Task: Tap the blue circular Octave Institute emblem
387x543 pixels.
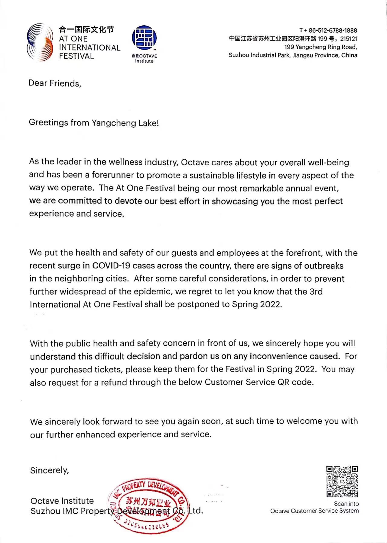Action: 144,38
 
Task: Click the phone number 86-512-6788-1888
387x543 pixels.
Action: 333,31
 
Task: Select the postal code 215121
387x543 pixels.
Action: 349,39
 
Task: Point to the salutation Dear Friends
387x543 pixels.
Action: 55,83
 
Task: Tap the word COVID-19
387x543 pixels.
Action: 111,266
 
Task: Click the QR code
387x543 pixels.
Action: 342,482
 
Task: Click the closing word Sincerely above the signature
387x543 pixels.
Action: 49,470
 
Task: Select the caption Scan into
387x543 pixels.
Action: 346,504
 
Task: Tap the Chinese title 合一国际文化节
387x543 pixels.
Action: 86,30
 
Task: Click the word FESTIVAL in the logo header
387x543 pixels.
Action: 76,56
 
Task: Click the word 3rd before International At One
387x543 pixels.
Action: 316,292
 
